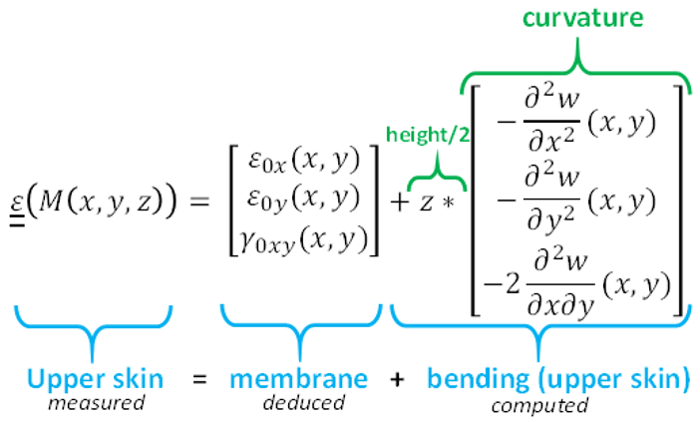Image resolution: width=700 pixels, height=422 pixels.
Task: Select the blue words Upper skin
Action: tap(96, 379)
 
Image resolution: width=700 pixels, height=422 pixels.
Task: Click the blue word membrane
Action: tap(298, 379)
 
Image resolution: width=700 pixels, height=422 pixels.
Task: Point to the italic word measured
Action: tap(97, 403)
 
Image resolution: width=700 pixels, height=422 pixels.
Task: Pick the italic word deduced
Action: tap(298, 403)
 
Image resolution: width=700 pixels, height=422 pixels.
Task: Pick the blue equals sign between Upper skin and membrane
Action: tap(200, 380)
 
